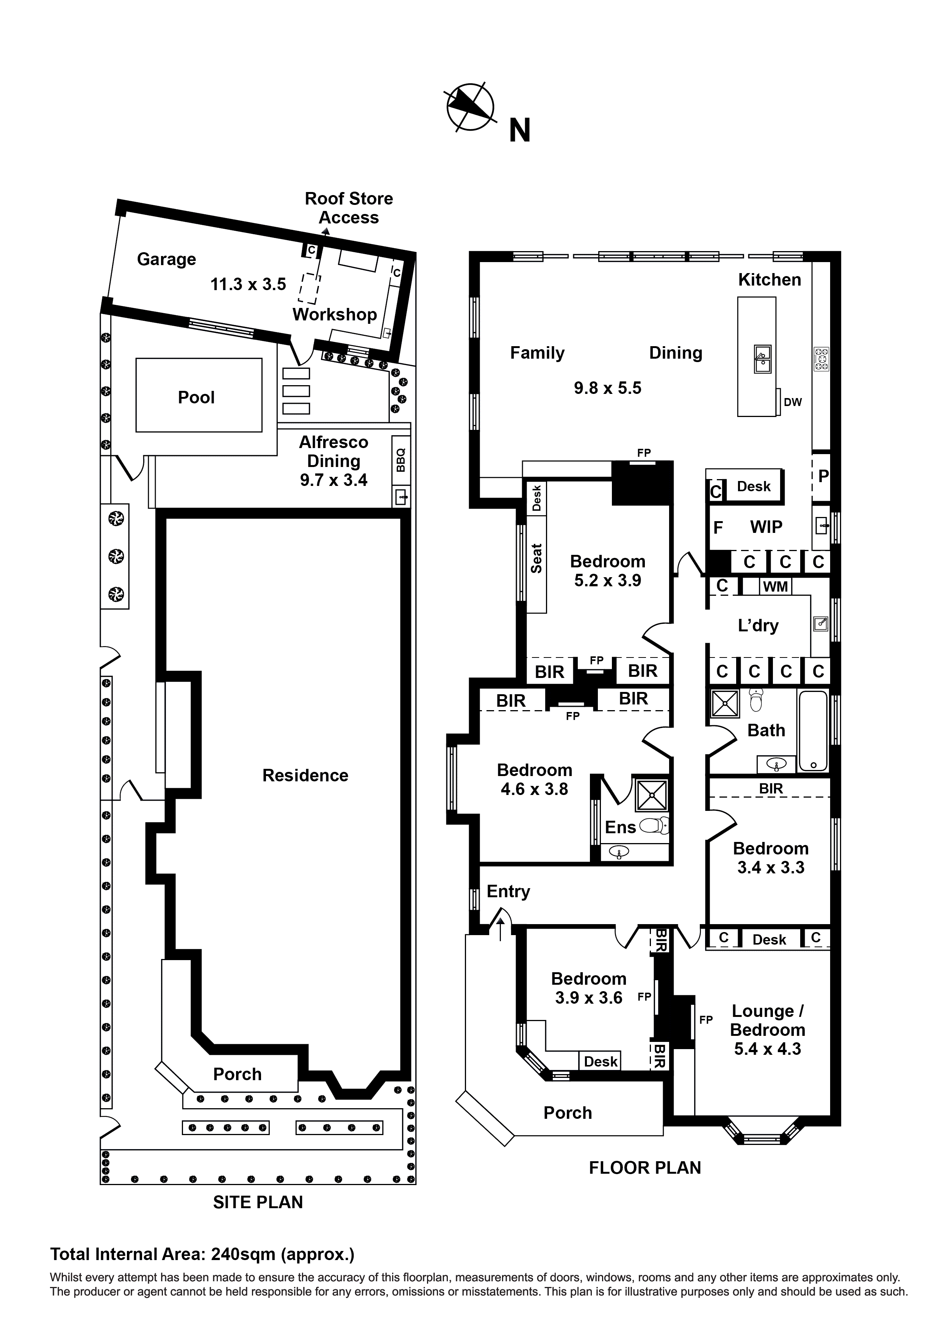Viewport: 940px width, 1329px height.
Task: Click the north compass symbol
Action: click(470, 108)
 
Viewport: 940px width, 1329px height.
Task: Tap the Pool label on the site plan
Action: click(196, 398)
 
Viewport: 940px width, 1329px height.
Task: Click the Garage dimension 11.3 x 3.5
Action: click(248, 284)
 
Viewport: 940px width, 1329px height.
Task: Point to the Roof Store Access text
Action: click(349, 208)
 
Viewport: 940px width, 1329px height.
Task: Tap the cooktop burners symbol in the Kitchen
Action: click(821, 359)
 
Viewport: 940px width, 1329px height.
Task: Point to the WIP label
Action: click(766, 527)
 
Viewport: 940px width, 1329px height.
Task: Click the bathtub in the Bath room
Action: click(813, 731)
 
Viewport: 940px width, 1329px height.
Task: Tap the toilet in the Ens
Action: click(657, 825)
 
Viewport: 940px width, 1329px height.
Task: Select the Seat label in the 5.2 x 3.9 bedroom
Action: click(536, 559)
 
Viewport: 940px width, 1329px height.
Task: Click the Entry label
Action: click(508, 892)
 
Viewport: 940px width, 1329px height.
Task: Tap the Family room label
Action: click(537, 353)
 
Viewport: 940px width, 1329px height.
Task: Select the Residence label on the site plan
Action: click(305, 776)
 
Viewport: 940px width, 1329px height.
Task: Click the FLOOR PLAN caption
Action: click(644, 1168)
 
